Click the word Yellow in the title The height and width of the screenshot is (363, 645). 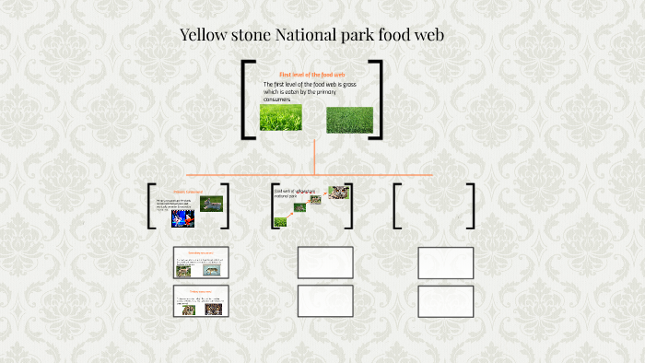pyautogui.click(x=205, y=36)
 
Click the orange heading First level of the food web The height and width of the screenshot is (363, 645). pyautogui.click(x=311, y=74)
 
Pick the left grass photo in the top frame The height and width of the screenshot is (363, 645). pyautogui.click(x=280, y=118)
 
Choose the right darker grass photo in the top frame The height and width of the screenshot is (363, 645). pyautogui.click(x=350, y=119)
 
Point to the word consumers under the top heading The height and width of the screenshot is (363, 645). pyautogui.click(x=276, y=100)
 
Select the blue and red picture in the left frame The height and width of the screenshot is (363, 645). pyautogui.click(x=182, y=219)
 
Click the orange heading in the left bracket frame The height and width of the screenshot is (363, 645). pyautogui.click(x=187, y=192)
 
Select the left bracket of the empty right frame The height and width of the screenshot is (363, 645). pyautogui.click(x=396, y=205)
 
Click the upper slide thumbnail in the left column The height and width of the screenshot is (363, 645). pyautogui.click(x=201, y=263)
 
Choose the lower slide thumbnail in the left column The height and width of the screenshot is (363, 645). pyautogui.click(x=201, y=301)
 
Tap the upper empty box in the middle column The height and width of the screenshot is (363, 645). pyautogui.click(x=325, y=263)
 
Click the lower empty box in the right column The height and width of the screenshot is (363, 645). pyautogui.click(x=445, y=301)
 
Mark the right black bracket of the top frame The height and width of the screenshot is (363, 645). pyautogui.click(x=377, y=100)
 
